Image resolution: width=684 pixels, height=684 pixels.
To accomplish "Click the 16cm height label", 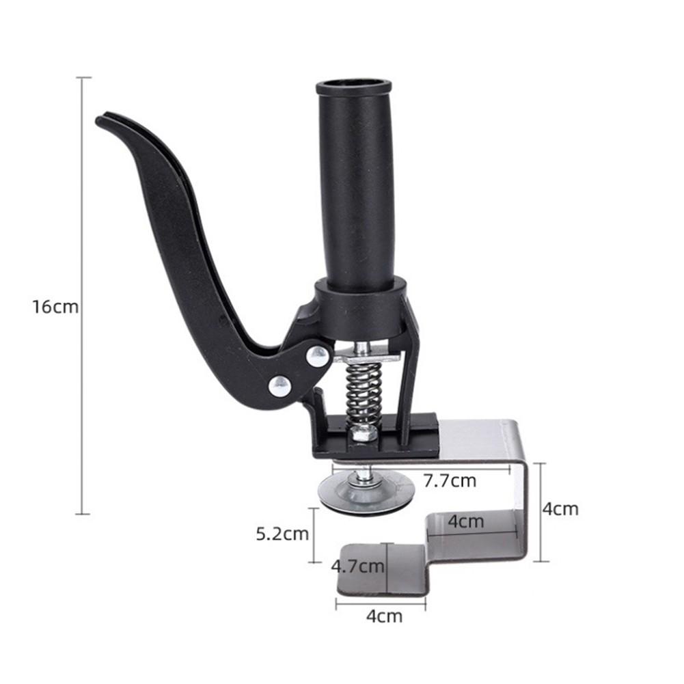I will click(55, 306).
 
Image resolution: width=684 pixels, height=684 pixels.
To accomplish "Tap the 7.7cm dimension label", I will click(449, 480).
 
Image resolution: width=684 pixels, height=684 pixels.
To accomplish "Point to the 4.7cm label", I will click(357, 566).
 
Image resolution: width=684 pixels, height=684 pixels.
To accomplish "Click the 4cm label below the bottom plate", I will click(384, 616).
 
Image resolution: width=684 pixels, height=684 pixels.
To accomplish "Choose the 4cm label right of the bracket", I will click(560, 509).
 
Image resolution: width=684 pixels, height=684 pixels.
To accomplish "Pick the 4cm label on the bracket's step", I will click(466, 521).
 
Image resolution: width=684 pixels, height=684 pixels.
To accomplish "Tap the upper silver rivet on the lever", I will click(318, 355).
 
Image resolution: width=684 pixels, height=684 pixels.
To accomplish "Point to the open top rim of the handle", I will click(353, 87).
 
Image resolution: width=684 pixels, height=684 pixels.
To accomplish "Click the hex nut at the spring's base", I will click(361, 431).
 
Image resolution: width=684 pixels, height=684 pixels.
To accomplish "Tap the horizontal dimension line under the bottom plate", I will click(381, 603).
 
